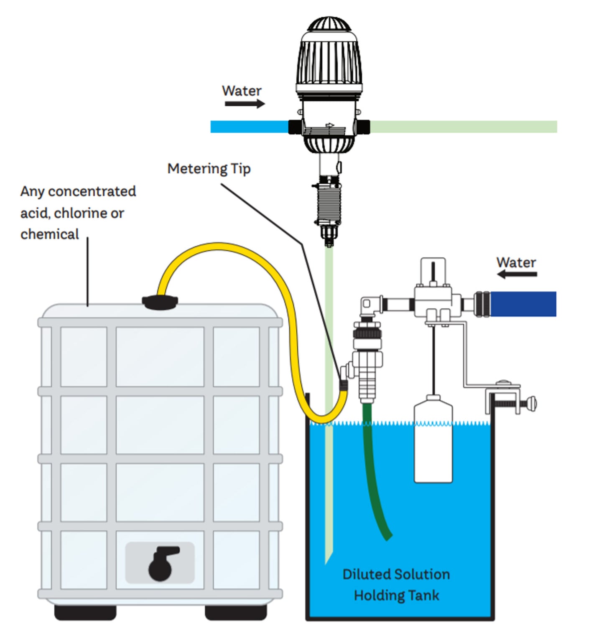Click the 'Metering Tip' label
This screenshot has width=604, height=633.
coord(209,169)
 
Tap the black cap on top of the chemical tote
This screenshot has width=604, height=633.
coord(160,302)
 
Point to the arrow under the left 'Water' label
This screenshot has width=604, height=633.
coord(245,104)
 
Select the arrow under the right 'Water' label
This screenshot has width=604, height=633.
coord(517,275)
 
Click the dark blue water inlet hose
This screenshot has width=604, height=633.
coord(522,304)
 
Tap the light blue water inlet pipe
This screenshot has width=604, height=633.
coord(249,127)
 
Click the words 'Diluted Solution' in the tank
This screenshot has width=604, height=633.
coord(396,575)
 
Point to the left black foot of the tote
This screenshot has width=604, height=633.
coord(85,612)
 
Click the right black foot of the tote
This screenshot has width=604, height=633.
coord(236,612)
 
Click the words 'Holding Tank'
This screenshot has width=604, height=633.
coord(396,595)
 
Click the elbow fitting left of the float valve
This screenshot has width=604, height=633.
coord(370,305)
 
